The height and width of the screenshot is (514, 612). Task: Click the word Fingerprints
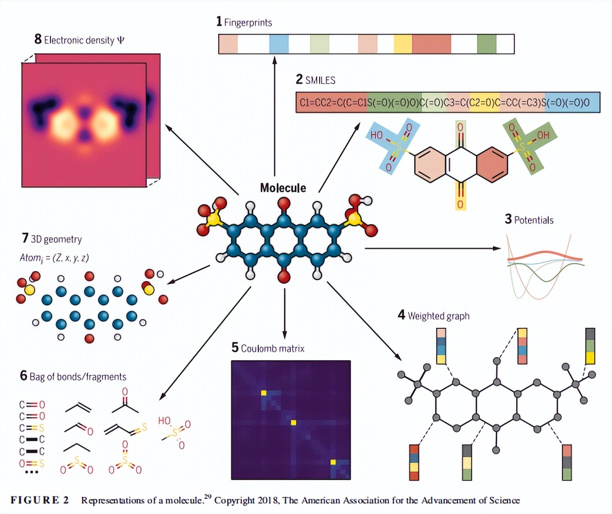click(x=248, y=22)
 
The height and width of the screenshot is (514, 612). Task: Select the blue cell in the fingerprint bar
click(x=279, y=44)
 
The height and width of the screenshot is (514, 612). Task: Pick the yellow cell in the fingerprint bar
click(x=403, y=44)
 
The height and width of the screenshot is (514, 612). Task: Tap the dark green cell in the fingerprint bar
click(x=486, y=44)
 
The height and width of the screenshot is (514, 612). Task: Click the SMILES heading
click(x=320, y=80)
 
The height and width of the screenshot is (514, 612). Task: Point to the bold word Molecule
click(x=283, y=188)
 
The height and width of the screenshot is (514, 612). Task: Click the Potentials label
click(x=533, y=220)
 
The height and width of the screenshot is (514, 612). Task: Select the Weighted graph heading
click(x=438, y=316)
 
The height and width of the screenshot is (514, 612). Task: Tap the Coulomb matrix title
click(x=272, y=349)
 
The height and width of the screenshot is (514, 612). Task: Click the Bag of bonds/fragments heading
click(x=78, y=377)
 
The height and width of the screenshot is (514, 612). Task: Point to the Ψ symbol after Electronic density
click(x=120, y=40)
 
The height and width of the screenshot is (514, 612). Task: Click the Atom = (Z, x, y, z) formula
click(x=54, y=258)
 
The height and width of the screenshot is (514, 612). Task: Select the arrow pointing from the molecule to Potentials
click(x=432, y=248)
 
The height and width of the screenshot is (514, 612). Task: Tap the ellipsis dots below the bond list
click(x=31, y=472)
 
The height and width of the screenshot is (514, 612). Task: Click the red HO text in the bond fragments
click(x=164, y=420)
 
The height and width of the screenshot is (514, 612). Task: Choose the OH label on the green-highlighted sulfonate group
click(x=543, y=135)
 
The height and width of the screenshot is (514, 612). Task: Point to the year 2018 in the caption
click(x=268, y=500)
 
